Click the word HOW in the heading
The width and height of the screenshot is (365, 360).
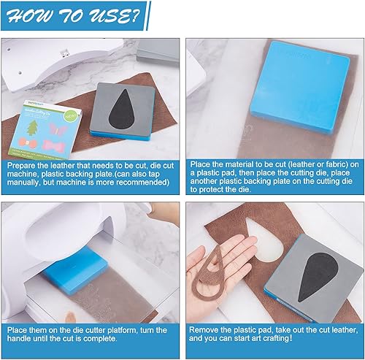(x=30, y=17)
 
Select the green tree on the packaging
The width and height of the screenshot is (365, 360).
(x=32, y=128)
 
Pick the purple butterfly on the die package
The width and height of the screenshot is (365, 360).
(x=58, y=129)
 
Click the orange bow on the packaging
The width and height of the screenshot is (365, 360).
(x=28, y=143)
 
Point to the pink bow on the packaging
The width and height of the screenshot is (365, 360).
(x=53, y=145)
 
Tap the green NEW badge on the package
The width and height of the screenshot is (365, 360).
(x=71, y=115)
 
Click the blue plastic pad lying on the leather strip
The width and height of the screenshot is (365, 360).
(x=301, y=86)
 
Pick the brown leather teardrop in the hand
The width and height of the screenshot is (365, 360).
(x=208, y=276)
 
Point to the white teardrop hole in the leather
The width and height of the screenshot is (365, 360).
(x=264, y=240)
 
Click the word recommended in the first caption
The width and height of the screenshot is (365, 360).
(x=141, y=183)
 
